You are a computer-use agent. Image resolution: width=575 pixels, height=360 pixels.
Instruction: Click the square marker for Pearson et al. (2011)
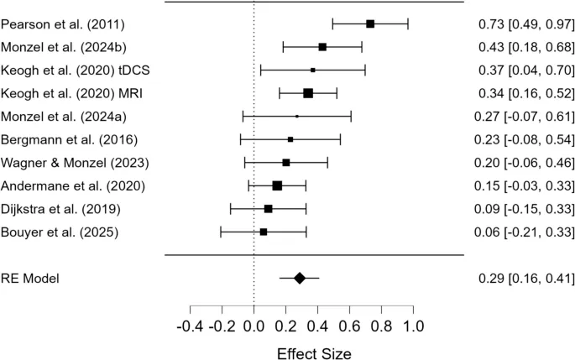point(370,24)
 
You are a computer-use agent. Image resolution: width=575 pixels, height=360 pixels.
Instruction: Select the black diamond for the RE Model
point(300,277)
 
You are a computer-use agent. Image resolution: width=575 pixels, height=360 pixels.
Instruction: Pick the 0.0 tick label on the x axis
point(254,328)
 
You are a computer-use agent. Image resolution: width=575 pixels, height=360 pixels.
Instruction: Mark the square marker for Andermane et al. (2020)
point(277,185)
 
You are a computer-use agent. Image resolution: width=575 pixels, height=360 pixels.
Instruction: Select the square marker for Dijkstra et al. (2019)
point(268,208)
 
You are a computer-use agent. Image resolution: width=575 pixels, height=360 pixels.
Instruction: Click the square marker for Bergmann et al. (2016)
point(290,139)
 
